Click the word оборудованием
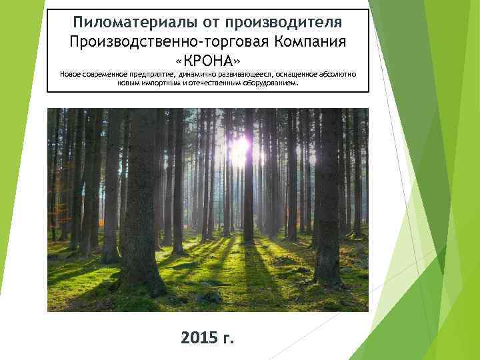click(266, 85)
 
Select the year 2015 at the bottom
click(199, 338)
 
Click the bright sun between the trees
click(241, 143)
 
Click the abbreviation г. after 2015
click(227, 338)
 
